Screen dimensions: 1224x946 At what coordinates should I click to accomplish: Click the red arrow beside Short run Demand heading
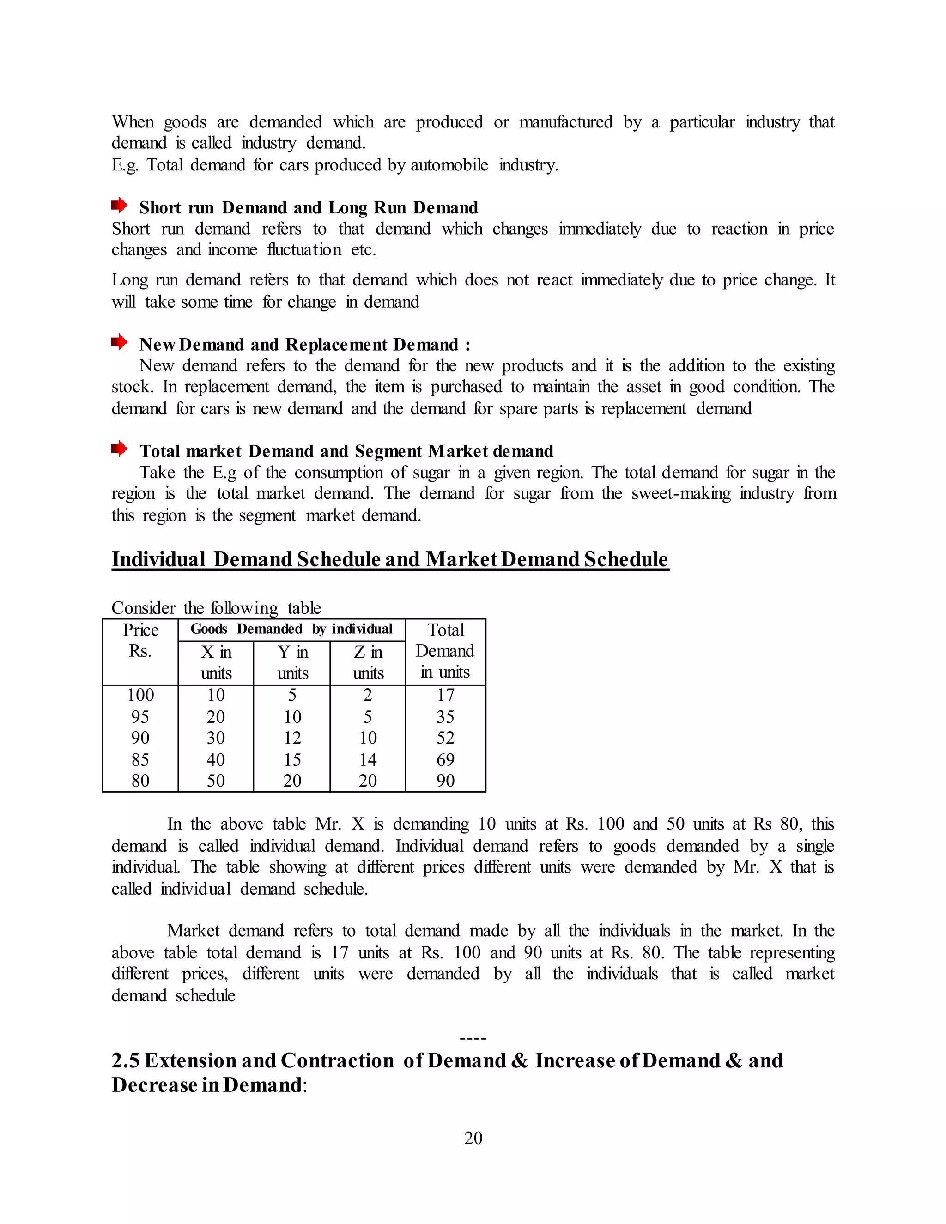[119, 205]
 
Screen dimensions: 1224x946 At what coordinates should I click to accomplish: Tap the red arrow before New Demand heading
[119, 341]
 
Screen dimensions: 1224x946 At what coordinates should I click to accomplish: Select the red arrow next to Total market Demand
[119, 448]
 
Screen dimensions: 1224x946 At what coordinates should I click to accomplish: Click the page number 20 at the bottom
[473, 1138]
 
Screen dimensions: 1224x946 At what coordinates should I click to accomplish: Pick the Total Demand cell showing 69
[446, 760]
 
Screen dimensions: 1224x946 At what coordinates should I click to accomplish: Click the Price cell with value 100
[140, 695]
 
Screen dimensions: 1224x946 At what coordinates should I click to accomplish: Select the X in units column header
[216, 662]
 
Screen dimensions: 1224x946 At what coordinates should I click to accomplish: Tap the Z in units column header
[368, 662]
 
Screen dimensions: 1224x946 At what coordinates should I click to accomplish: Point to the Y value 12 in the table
[292, 738]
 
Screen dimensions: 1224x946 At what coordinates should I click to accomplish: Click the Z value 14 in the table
[368, 760]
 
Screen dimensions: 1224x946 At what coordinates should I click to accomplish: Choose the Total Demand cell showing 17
[446, 695]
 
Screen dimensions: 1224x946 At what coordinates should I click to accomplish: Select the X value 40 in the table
[216, 760]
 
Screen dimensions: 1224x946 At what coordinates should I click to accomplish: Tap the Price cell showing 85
[140, 760]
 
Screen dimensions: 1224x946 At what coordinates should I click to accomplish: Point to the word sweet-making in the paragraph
[680, 494]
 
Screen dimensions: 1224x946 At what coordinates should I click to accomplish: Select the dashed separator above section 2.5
[473, 1038]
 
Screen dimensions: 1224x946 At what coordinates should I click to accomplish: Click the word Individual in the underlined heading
[158, 559]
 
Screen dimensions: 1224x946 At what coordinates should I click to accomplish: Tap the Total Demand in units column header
[446, 651]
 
